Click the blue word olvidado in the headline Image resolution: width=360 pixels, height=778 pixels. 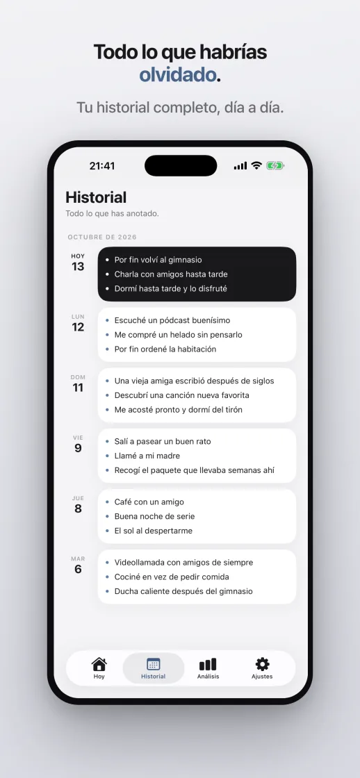(178, 74)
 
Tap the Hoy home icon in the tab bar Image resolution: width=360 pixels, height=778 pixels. (99, 664)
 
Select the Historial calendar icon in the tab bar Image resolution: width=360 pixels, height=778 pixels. (154, 664)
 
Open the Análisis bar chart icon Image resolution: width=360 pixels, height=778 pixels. (208, 664)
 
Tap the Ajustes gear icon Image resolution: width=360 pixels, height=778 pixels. (262, 664)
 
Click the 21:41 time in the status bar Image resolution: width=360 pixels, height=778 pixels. (102, 166)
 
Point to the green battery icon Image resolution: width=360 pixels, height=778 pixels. (275, 166)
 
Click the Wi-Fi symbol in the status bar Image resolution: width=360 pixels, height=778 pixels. (256, 166)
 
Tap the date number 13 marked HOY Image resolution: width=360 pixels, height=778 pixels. (78, 267)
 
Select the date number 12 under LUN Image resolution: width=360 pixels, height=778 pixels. (78, 327)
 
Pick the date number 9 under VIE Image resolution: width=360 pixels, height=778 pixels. (78, 448)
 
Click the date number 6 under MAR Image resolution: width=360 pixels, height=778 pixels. (78, 569)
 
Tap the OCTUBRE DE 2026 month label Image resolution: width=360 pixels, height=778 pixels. (102, 237)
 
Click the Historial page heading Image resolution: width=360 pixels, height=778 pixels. (96, 197)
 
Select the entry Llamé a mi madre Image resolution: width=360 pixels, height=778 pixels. (147, 456)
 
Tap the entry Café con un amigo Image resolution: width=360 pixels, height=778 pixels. (149, 502)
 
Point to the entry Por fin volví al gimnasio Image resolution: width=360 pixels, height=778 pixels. (158, 260)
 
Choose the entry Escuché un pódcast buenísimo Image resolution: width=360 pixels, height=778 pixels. (172, 320)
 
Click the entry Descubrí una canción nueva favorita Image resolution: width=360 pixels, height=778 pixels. (182, 395)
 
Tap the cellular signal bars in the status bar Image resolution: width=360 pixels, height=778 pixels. (240, 166)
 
